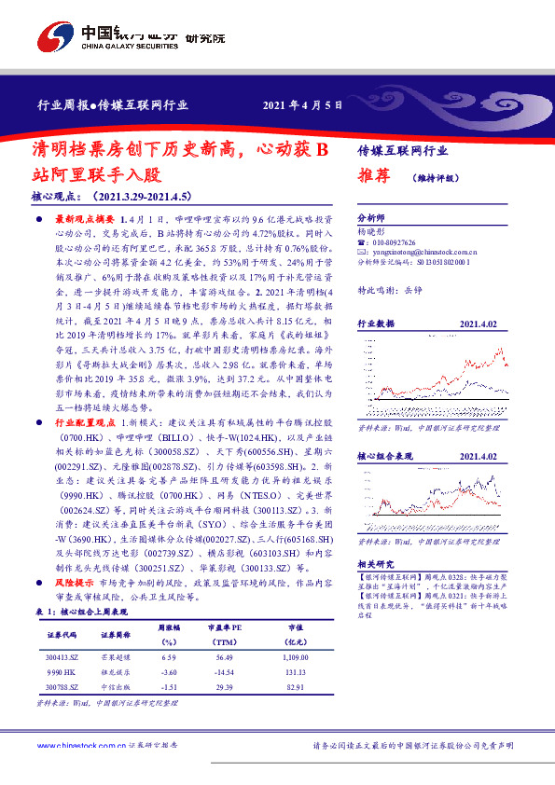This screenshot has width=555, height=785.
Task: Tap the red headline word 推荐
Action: (372, 174)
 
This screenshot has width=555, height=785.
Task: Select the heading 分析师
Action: (371, 215)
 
